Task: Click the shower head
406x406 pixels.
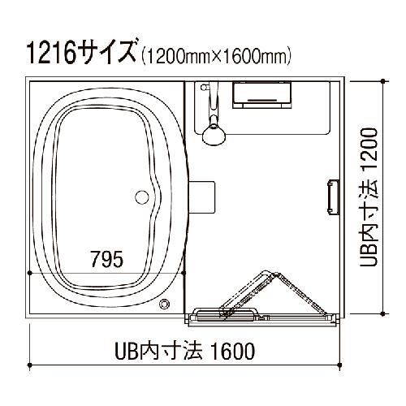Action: [x=214, y=134]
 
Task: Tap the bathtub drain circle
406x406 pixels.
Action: [x=142, y=197]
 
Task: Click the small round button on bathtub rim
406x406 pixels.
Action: [x=164, y=304]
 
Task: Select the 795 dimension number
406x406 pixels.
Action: [x=107, y=259]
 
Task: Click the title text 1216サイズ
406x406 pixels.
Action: [x=82, y=52]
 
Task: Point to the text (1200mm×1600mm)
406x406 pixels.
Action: [x=216, y=56]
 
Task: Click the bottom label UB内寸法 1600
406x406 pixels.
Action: [x=184, y=351]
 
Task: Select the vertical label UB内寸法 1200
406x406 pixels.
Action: [x=369, y=197]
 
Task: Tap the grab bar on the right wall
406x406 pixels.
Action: [x=333, y=197]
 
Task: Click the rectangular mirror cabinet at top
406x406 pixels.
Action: [x=262, y=95]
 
